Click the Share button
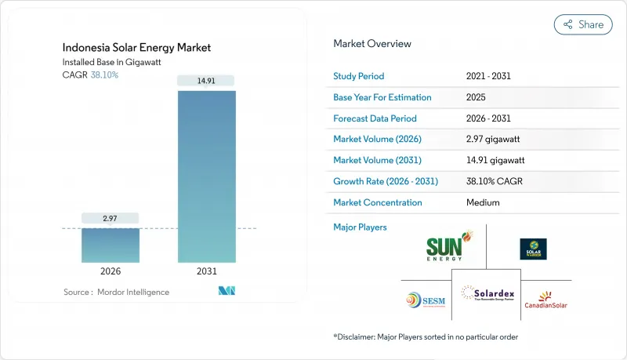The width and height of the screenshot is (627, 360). [x=583, y=24]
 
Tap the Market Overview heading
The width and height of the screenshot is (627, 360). [x=372, y=43]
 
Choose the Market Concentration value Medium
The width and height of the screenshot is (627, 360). [x=482, y=202]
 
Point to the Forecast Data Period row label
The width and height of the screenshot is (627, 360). [x=375, y=118]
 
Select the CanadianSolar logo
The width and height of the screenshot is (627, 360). [x=545, y=300]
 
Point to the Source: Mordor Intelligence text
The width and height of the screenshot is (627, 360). [x=117, y=292]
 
